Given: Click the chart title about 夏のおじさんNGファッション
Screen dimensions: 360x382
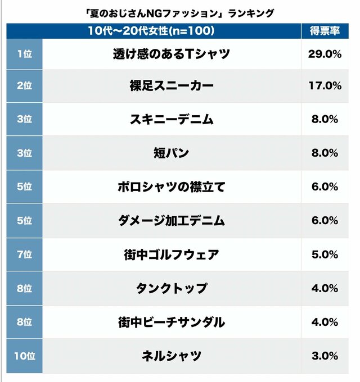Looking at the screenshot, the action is tap(180, 13).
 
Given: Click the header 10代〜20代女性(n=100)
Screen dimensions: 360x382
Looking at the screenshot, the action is tap(151, 31).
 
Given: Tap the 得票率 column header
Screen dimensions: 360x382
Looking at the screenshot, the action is tap(325, 31).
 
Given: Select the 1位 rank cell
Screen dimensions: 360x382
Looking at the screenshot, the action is tap(24, 54).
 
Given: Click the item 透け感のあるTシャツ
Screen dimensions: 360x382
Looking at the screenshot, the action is tap(171, 54).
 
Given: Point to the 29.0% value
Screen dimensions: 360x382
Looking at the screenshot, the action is tap(325, 54).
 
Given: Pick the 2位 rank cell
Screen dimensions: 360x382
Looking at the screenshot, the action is tap(24, 85).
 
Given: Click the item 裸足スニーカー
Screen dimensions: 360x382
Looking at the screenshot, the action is tap(172, 85).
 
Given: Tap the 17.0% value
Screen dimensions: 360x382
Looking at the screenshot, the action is tap(325, 85).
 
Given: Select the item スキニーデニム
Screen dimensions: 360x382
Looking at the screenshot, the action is tap(172, 119).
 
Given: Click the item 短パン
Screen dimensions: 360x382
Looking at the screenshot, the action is tap(171, 153).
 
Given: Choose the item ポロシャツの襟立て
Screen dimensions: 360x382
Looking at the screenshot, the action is tap(171, 187).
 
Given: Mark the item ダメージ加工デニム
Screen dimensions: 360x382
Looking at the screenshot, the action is tap(171, 220).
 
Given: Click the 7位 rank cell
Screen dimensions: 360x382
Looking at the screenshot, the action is tap(24, 254).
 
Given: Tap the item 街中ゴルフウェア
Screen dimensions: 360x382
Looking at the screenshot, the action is tap(171, 254).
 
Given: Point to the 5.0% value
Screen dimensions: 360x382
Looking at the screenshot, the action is tap(325, 254).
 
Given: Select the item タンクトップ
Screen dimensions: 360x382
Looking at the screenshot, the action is tap(172, 288).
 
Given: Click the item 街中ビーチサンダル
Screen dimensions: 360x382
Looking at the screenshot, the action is tap(171, 322).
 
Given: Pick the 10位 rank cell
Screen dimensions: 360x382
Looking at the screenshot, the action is tap(24, 356).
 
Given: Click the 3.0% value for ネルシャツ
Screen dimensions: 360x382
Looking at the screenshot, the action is tap(325, 356).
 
